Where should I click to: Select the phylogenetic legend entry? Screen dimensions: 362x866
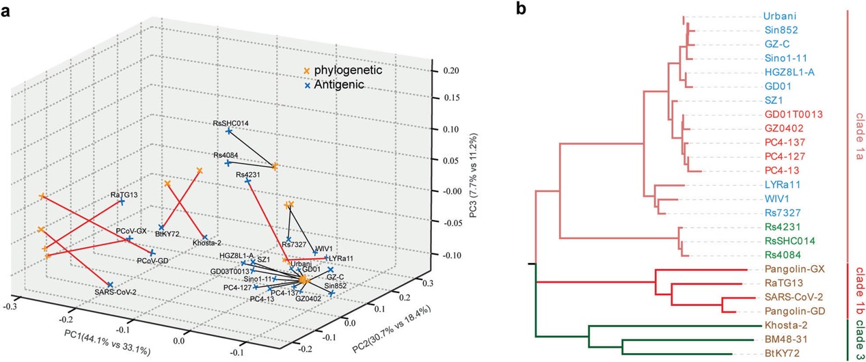pos(347,70)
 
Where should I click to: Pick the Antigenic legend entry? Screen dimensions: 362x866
pos(338,85)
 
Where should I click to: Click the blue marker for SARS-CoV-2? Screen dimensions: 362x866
pos(110,284)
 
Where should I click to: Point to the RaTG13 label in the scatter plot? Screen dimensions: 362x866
pos(125,195)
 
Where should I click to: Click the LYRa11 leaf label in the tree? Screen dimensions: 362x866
pos(782,184)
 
